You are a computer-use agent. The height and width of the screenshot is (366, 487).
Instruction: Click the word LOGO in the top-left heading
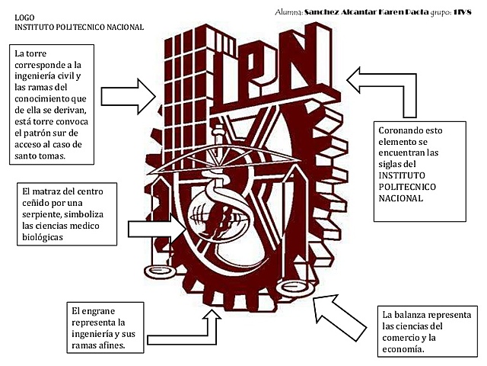tap(24, 16)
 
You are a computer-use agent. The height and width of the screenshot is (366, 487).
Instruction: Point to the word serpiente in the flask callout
tap(42, 215)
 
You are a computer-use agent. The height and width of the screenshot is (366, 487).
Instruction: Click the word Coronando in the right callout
tap(400, 130)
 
